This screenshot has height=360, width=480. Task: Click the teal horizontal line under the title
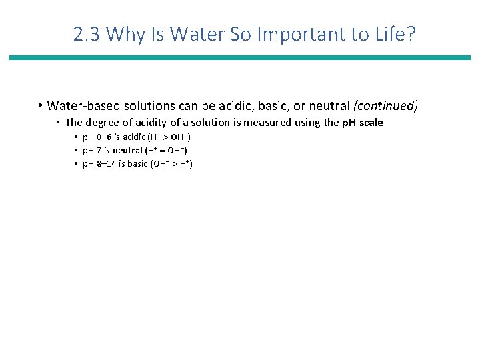240,58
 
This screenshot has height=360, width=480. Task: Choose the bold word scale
370,123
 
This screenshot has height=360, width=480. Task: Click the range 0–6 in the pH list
103,137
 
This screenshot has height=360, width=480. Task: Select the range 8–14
105,164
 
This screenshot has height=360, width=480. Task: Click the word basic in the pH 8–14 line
138,164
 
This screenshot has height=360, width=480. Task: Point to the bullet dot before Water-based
41,106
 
